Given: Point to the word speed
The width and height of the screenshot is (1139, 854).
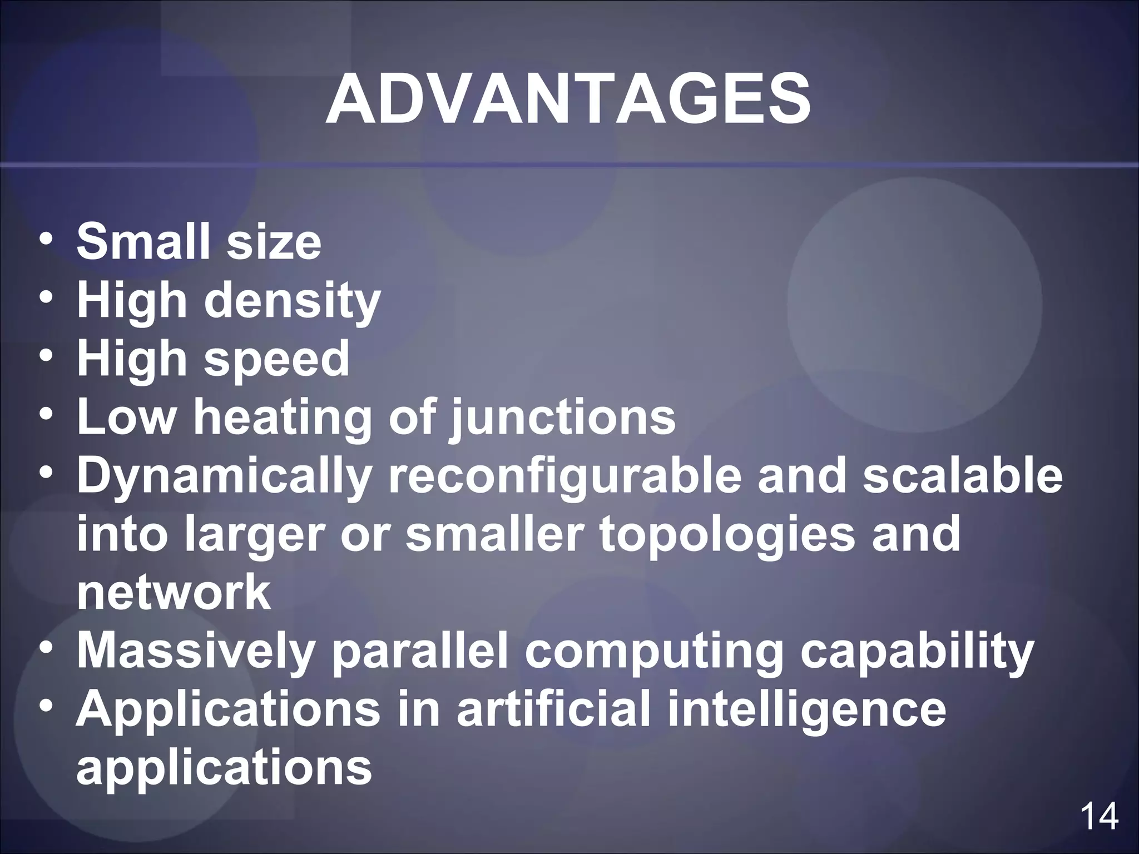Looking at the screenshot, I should click(277, 360).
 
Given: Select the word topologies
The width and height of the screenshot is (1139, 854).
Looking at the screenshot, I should click(726, 535).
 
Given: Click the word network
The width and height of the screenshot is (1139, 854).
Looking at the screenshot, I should click(174, 593).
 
